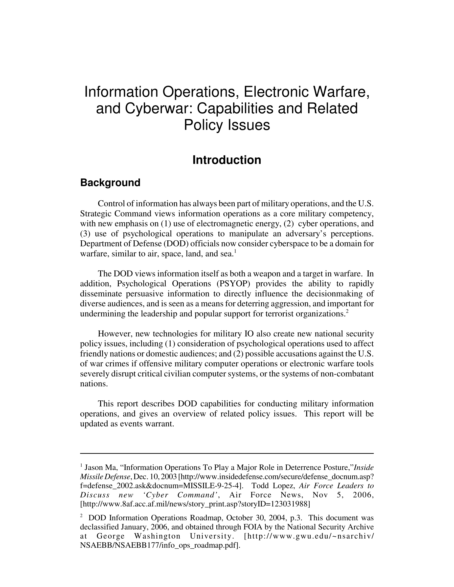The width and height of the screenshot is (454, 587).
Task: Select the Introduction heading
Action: (227, 160)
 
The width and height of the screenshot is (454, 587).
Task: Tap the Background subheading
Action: (110, 183)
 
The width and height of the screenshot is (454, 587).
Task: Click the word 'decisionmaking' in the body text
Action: (331, 294)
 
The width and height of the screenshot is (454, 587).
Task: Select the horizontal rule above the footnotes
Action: (227, 454)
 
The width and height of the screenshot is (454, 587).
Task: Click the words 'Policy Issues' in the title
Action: (227, 125)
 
